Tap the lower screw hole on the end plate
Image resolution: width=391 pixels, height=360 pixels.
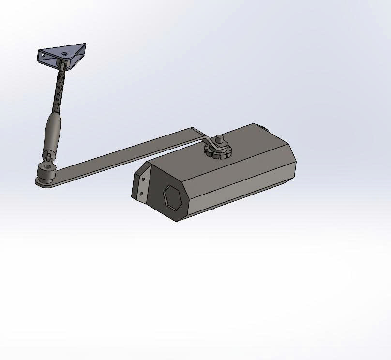pos(141,194)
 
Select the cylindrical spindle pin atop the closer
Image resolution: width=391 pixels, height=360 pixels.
pos(218,140)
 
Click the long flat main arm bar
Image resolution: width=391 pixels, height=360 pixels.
pos(126,154)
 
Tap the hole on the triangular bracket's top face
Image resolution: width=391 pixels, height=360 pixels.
pos(64,49)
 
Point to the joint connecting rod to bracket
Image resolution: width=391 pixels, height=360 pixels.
pos(63,65)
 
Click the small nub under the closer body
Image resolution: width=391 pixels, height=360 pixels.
pos(212,209)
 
